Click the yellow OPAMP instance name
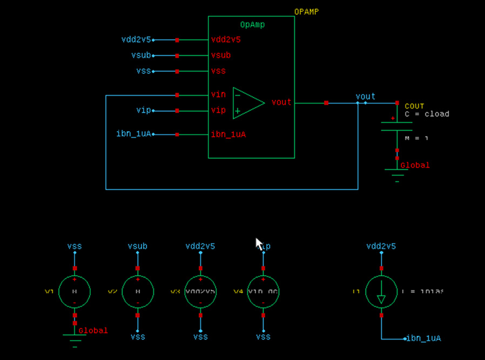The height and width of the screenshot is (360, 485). coord(306,11)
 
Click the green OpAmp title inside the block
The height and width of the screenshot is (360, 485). coord(252,25)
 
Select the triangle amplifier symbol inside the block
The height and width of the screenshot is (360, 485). coord(248,103)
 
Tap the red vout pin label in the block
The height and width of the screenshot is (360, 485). coord(281,102)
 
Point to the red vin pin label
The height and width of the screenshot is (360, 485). coord(218,94)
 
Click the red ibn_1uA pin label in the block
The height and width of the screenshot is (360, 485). coord(228,134)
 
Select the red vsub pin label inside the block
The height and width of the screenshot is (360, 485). coord(221,55)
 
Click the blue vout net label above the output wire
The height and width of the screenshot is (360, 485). coord(365,96)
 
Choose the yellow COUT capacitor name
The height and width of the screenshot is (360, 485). coord(414,106)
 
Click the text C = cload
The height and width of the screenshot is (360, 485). coord(427,114)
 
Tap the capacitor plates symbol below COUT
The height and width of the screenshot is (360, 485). coord(397,126)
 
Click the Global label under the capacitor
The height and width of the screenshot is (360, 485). coord(415,165)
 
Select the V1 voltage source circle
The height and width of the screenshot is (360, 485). coord(75,291)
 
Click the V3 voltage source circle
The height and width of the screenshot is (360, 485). coord(200,291)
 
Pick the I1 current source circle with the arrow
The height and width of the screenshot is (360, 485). coord(381,291)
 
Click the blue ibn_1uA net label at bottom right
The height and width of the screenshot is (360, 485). coord(425,338)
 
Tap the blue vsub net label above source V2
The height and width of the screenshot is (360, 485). coord(137,246)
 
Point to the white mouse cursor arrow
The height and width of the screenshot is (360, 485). coord(259,244)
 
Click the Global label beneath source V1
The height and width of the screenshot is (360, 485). coord(93,330)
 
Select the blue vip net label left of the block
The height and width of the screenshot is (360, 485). coord(143,110)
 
